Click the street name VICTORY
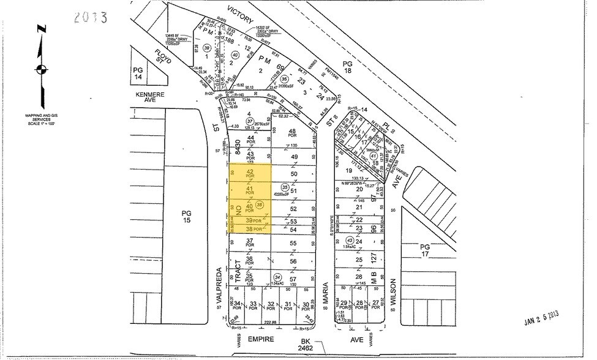tap(240, 15)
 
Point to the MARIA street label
tap(326, 292)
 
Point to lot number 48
tap(293, 132)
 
